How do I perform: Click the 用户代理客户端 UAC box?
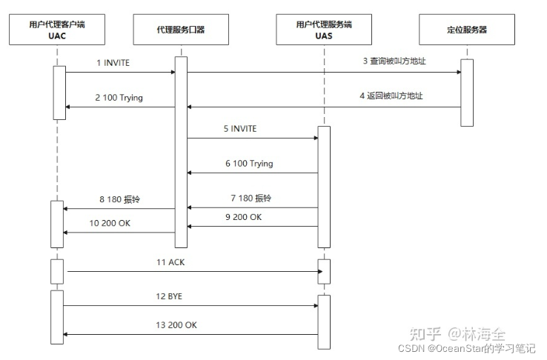point(56,29)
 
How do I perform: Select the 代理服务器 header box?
point(181,29)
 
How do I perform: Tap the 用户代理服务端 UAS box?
point(323,29)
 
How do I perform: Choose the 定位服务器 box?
point(467,29)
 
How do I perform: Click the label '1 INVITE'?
point(113,63)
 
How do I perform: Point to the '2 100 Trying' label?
point(119,98)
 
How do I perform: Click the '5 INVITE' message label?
point(239,129)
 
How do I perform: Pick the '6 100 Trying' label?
point(250,163)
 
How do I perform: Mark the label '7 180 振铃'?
point(251,199)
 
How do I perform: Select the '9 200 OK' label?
point(243,217)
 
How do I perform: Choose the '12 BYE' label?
point(168,296)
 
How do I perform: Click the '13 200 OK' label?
point(176,324)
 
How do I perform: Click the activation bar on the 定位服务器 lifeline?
point(467,92)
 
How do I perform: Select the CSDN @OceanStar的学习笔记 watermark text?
point(466,348)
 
